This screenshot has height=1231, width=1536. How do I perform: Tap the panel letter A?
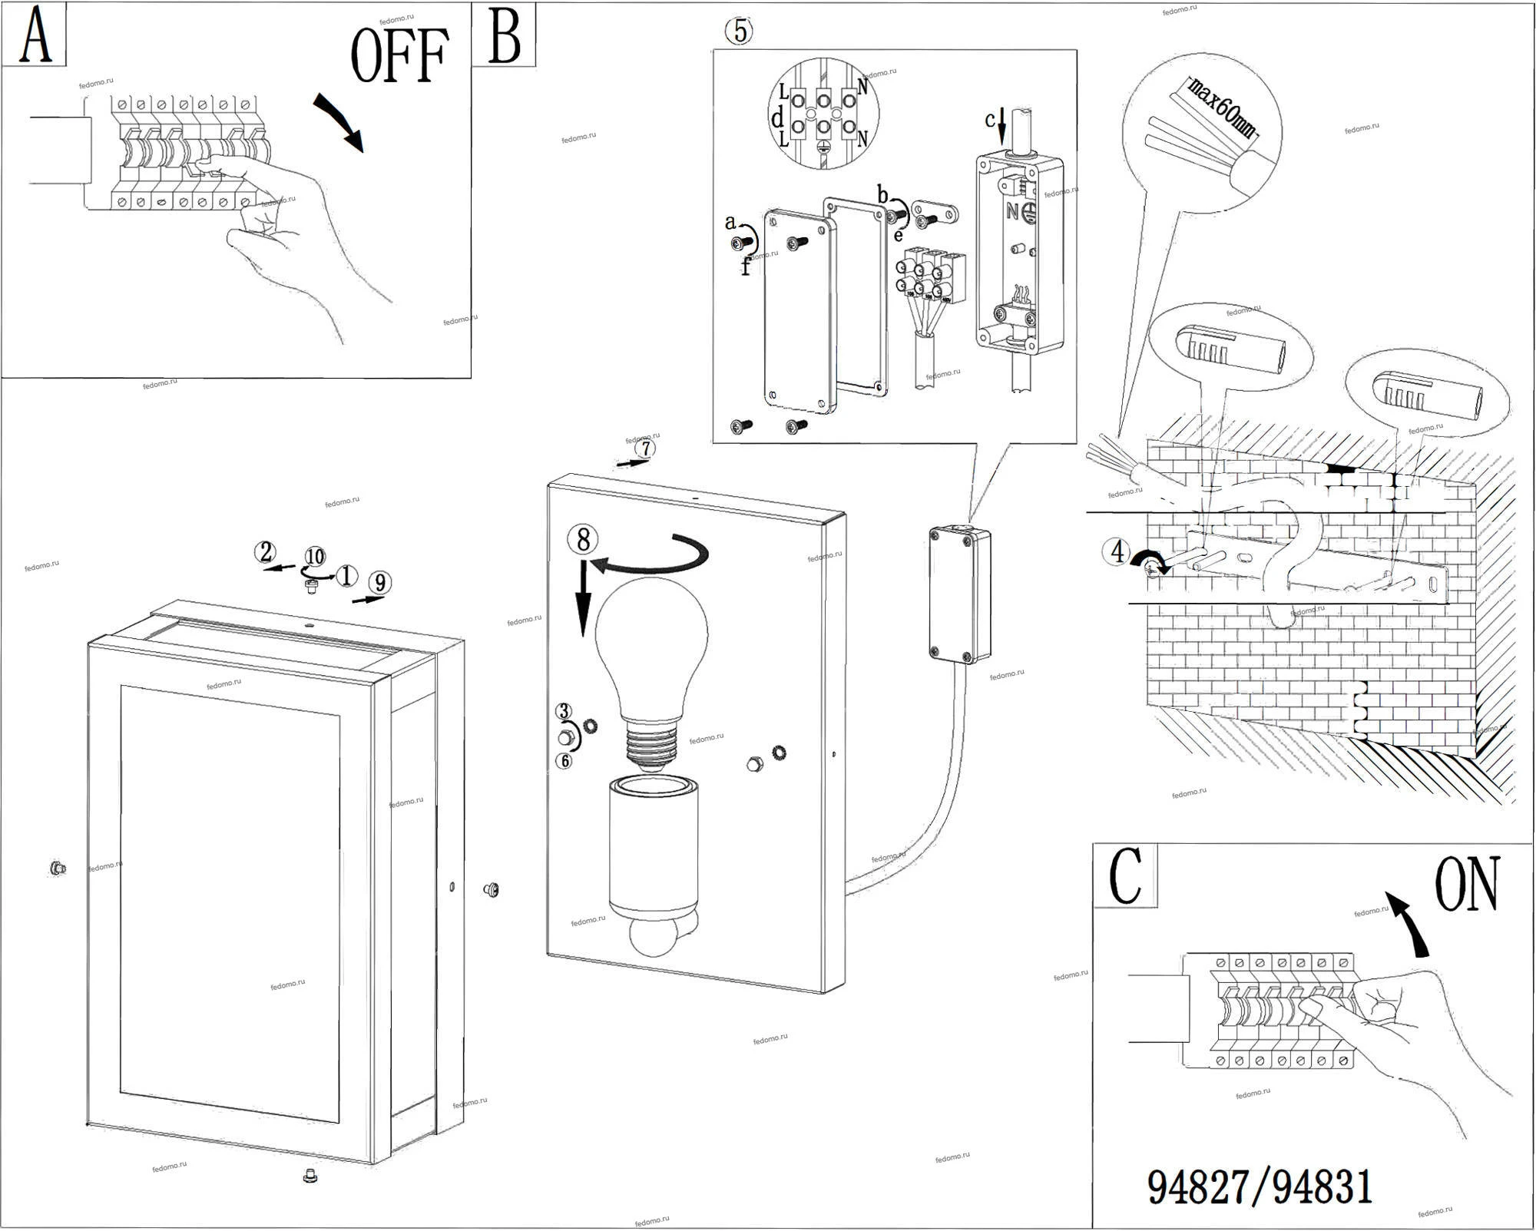35,36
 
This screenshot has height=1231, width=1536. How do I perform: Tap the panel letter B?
504,36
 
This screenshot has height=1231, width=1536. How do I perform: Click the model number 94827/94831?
1260,1187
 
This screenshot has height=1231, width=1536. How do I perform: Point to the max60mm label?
1221,108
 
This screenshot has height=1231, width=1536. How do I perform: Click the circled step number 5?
739,31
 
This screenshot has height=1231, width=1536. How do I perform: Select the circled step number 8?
583,539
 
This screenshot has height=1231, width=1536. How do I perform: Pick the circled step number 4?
1117,552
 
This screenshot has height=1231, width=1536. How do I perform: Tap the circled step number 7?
646,448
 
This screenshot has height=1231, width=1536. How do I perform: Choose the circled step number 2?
266,552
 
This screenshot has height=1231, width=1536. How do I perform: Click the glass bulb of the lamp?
651,645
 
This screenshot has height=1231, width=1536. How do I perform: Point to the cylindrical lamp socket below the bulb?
652,845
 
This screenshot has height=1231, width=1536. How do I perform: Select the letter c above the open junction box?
990,120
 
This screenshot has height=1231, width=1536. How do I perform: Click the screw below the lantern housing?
310,1175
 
